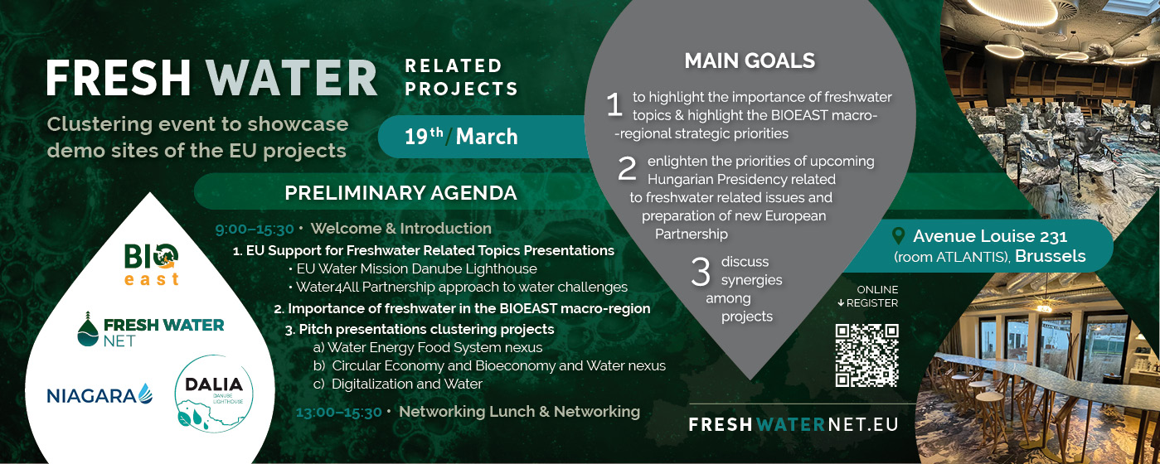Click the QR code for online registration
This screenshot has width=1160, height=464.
(x=866, y=355)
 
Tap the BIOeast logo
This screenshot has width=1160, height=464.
(x=151, y=264)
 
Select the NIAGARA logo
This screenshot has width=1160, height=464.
(x=99, y=394)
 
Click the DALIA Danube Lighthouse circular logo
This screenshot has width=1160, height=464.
(x=214, y=393)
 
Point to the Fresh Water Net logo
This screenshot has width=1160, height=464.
(x=151, y=330)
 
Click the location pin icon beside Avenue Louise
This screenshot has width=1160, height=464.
(x=899, y=236)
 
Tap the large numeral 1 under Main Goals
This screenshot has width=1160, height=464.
(x=614, y=105)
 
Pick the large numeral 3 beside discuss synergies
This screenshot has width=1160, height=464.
(x=701, y=272)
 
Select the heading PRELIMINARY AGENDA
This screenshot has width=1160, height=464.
(x=400, y=193)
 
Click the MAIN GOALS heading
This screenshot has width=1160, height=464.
(x=750, y=61)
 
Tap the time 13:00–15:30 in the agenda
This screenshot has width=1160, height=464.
(x=338, y=413)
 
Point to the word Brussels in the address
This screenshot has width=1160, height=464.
(x=1051, y=256)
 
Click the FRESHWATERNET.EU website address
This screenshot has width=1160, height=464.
(x=794, y=425)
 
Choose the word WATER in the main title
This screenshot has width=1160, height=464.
(x=292, y=79)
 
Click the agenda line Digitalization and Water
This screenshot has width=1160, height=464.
(x=398, y=384)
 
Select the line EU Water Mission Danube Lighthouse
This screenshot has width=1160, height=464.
(x=413, y=269)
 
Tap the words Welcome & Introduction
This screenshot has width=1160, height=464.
(x=401, y=228)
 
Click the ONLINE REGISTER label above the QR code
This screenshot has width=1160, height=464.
(x=868, y=297)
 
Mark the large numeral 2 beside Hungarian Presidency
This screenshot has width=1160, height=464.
(x=627, y=169)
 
